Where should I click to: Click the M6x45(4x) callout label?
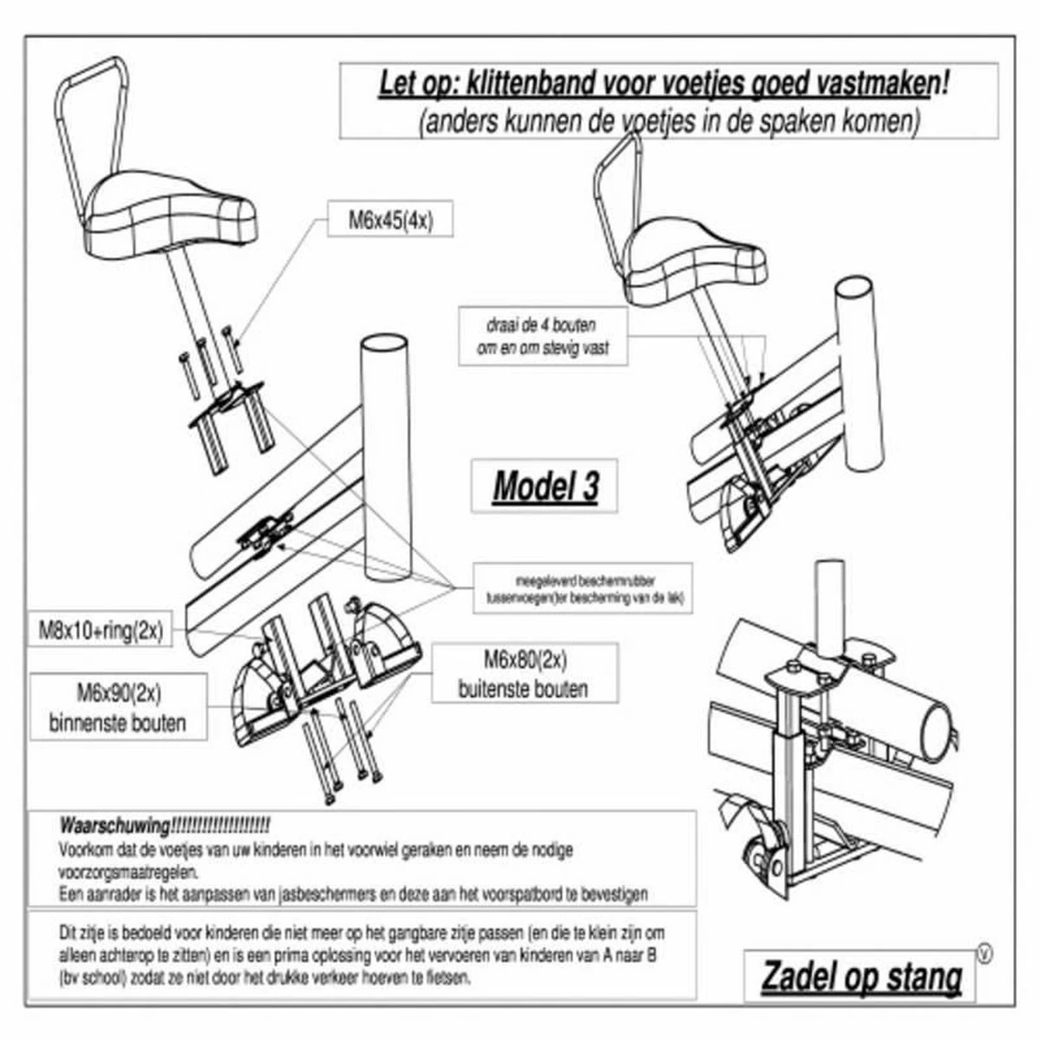tap(390, 220)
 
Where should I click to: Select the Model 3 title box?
tap(545, 487)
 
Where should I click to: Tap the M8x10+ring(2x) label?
tap(101, 630)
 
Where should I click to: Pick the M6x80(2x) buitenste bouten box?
tap(524, 674)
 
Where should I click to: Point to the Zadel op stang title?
tap(861, 977)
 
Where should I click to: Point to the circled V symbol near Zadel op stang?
tap(984, 955)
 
